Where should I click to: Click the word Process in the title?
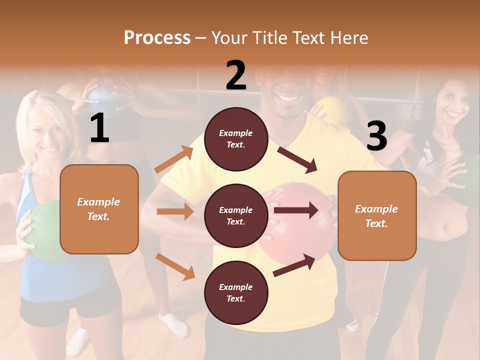(x=157, y=37)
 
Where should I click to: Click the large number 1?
(x=99, y=128)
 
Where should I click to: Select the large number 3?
(x=376, y=136)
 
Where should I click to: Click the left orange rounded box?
(x=99, y=209)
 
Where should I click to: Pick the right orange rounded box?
(x=377, y=215)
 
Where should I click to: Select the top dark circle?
(x=236, y=139)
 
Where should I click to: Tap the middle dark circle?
(x=236, y=215)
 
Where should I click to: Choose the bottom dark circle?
(x=236, y=292)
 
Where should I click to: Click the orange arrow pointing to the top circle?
(x=174, y=159)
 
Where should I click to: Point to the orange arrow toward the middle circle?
(x=175, y=211)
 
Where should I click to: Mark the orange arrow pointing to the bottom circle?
(x=175, y=266)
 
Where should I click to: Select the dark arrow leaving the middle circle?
(x=295, y=210)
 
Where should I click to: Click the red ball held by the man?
(x=295, y=235)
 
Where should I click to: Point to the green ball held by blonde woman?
(x=42, y=230)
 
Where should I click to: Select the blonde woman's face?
(x=47, y=132)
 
